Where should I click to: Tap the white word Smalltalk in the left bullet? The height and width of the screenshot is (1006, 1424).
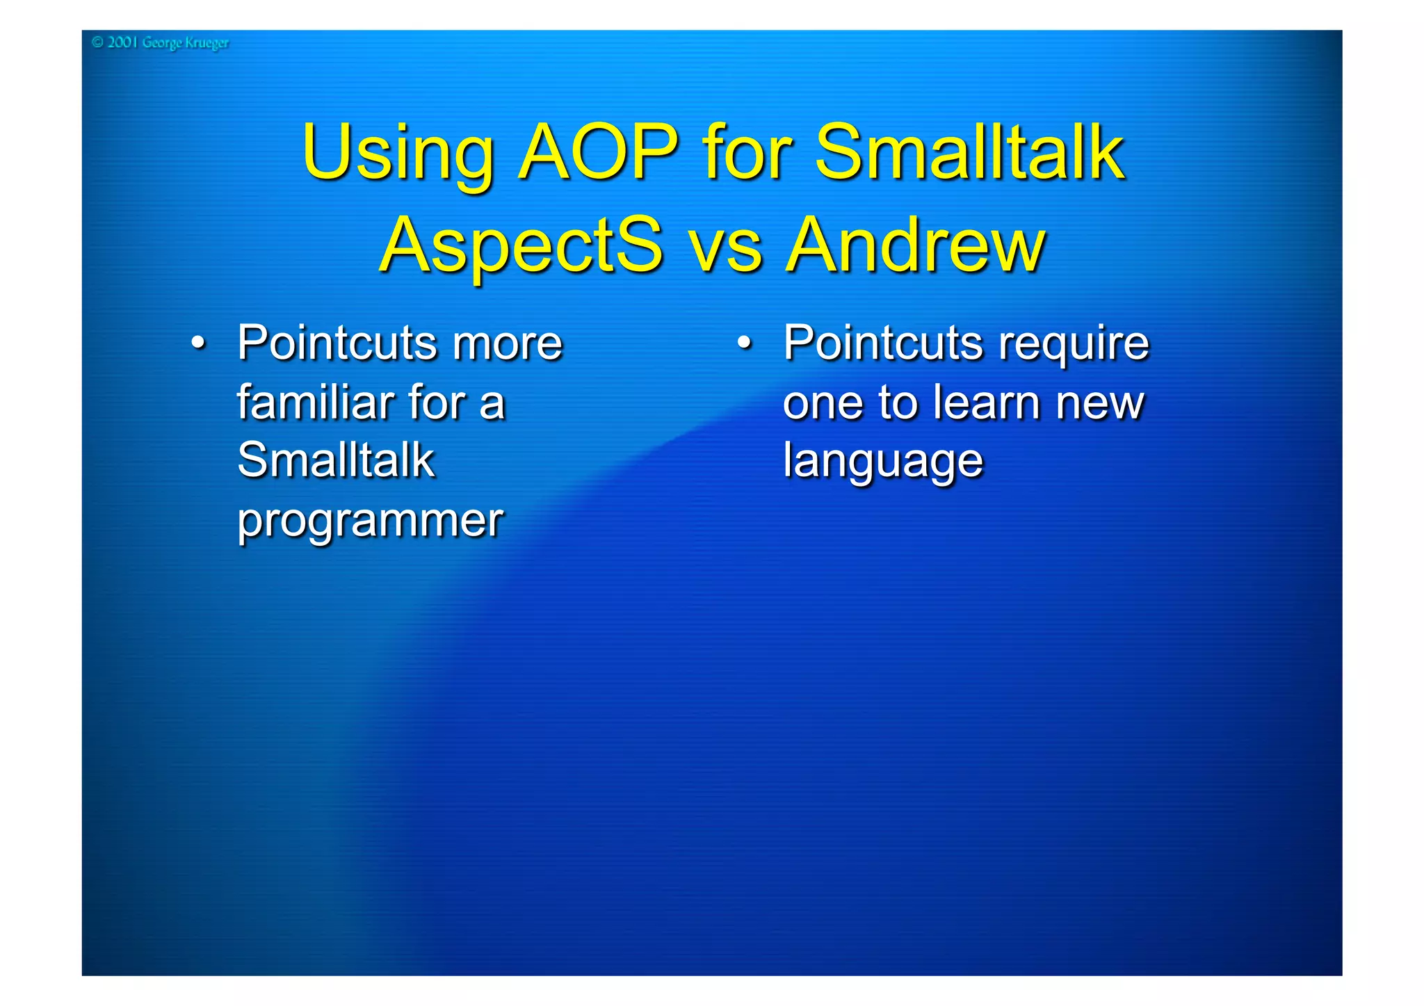tap(336, 460)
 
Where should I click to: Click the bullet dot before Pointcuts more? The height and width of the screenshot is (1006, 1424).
tap(199, 343)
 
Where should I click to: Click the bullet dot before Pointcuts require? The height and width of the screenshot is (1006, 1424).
tap(745, 343)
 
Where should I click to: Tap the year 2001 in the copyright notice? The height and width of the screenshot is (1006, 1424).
tap(122, 42)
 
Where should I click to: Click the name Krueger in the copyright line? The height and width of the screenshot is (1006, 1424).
tap(207, 43)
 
